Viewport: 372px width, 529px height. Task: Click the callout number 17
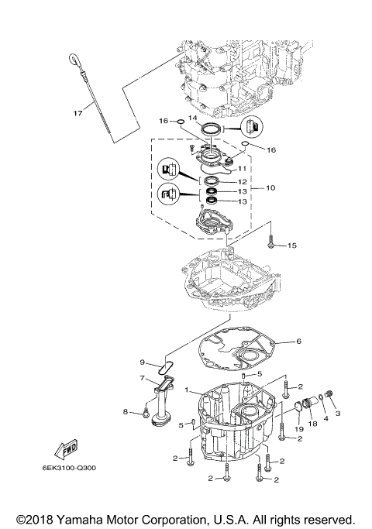pyautogui.click(x=77, y=114)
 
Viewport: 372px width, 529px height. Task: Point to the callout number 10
pyautogui.click(x=270, y=187)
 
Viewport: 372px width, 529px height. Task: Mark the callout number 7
pyautogui.click(x=142, y=378)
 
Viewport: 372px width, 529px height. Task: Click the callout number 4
pyautogui.click(x=325, y=419)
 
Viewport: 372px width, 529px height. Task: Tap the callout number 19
pyautogui.click(x=298, y=428)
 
